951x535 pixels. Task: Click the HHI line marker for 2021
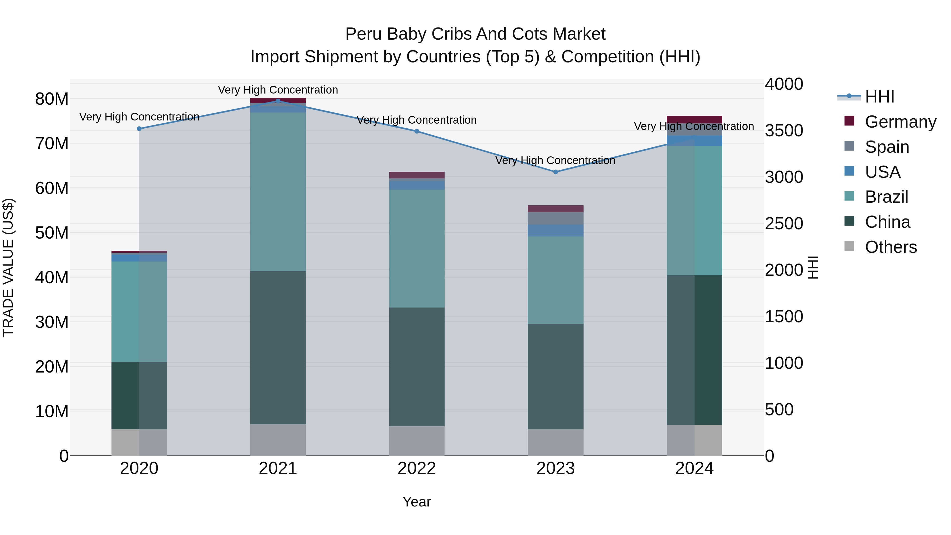(x=278, y=101)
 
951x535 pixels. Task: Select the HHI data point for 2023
(x=556, y=172)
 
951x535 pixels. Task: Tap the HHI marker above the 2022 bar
(x=417, y=131)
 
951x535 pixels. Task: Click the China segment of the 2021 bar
(x=278, y=347)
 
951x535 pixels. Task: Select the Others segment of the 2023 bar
(x=556, y=442)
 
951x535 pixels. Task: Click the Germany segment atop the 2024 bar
(x=694, y=119)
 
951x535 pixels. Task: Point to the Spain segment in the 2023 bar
(x=556, y=218)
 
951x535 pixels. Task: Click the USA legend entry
(x=882, y=172)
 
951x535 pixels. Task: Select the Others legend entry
(x=891, y=247)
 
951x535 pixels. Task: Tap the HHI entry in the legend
(x=879, y=97)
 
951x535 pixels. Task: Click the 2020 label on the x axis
(x=139, y=468)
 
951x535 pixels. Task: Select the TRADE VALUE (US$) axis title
(x=8, y=267)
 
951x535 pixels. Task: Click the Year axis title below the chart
(x=417, y=502)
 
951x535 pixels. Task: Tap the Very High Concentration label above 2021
(x=278, y=90)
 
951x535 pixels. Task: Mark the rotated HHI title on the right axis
(x=813, y=267)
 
